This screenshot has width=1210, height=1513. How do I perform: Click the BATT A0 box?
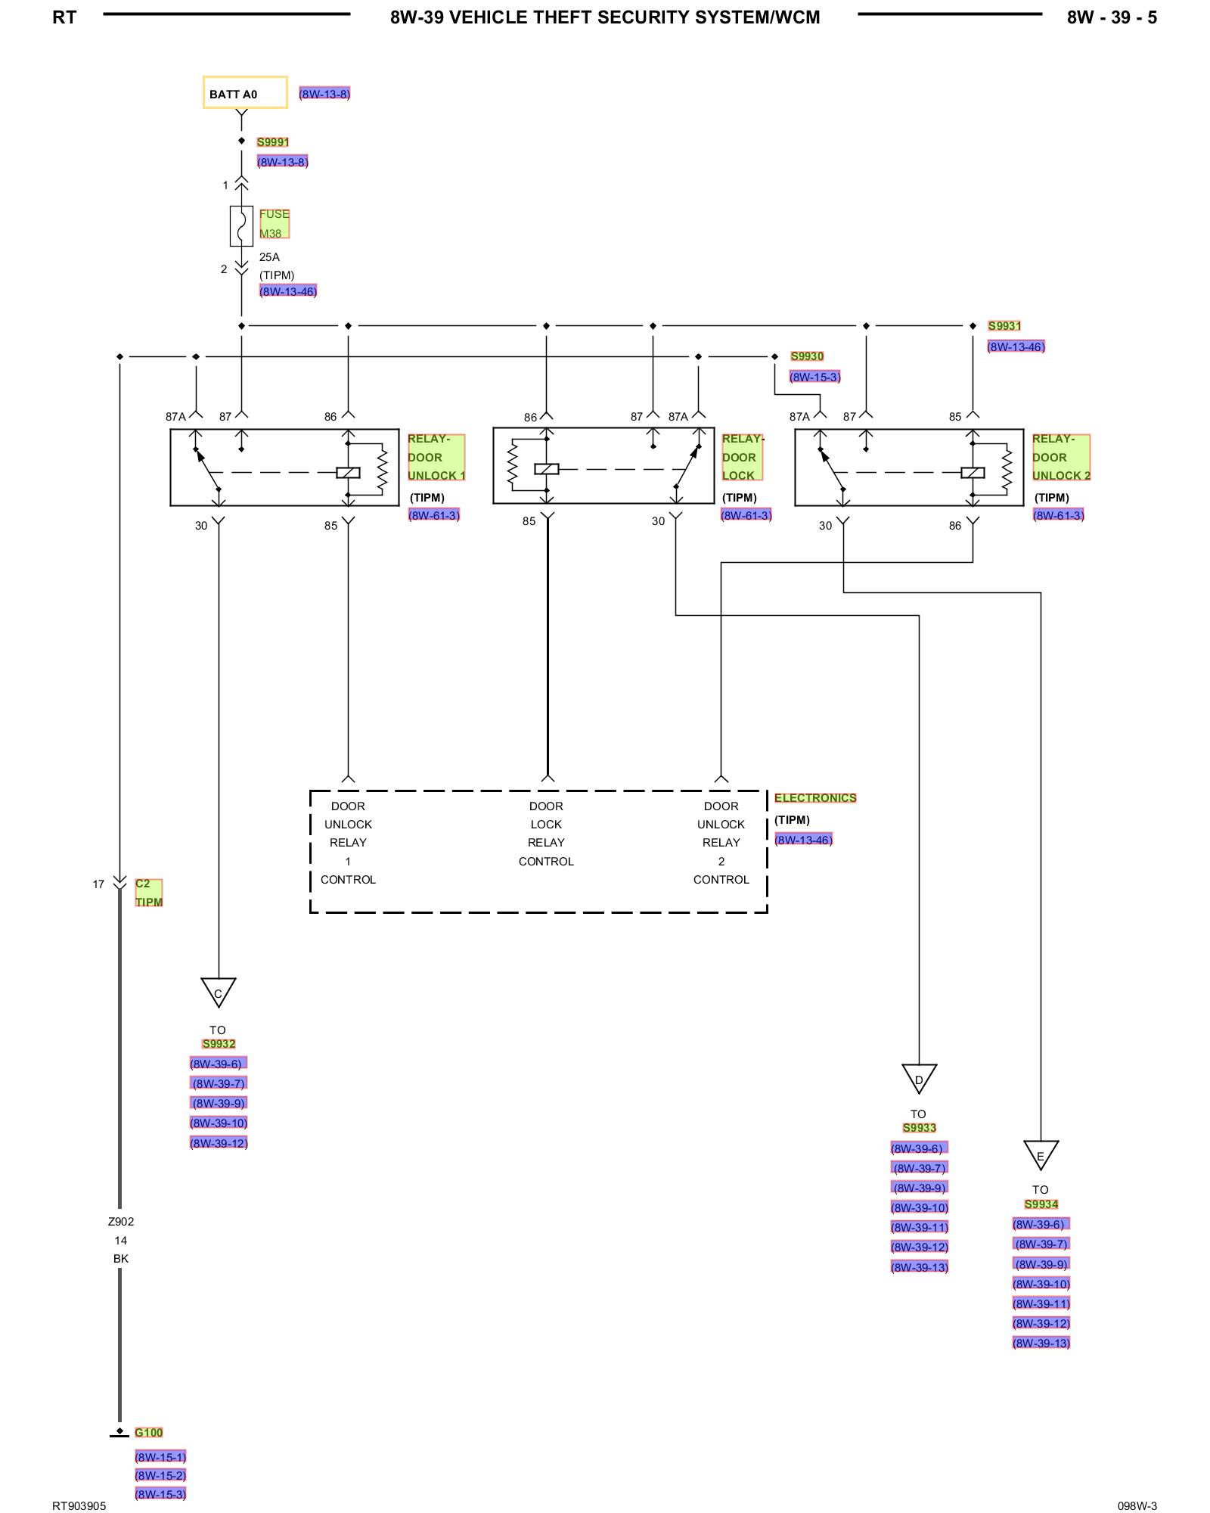pyautogui.click(x=245, y=92)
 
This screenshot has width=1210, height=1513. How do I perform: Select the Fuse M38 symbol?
pyautogui.click(x=241, y=225)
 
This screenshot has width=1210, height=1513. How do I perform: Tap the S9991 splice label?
pyautogui.click(x=273, y=142)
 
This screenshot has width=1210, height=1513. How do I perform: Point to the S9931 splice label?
pyautogui.click(x=1004, y=326)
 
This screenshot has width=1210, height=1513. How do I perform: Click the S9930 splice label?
pyautogui.click(x=807, y=356)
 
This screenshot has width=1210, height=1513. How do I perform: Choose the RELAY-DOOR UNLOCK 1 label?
pyautogui.click(x=436, y=457)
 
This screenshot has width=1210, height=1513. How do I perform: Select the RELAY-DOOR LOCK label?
pyautogui.click(x=743, y=457)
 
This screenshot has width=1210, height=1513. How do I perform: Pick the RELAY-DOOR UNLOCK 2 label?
pyautogui.click(x=1062, y=457)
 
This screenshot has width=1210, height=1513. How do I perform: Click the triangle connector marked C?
pyautogui.click(x=219, y=992)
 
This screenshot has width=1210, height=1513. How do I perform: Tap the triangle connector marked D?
pyautogui.click(x=920, y=1078)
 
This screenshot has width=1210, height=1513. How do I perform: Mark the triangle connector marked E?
pyautogui.click(x=1041, y=1154)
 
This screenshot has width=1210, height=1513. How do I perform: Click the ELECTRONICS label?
pyautogui.click(x=815, y=798)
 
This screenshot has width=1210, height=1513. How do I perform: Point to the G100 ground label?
pyautogui.click(x=149, y=1433)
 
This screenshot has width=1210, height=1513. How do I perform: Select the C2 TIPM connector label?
pyautogui.click(x=149, y=893)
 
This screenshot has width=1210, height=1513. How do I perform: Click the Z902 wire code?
pyautogui.click(x=121, y=1222)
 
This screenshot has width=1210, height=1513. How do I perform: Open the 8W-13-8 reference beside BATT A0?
pyautogui.click(x=324, y=94)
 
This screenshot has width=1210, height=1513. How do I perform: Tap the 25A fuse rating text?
pyautogui.click(x=269, y=257)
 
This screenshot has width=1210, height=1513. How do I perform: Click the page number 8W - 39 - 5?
pyautogui.click(x=1112, y=17)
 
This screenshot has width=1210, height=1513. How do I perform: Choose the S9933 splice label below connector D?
pyautogui.click(x=920, y=1128)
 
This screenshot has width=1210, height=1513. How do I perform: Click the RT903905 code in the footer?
pyautogui.click(x=79, y=1505)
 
